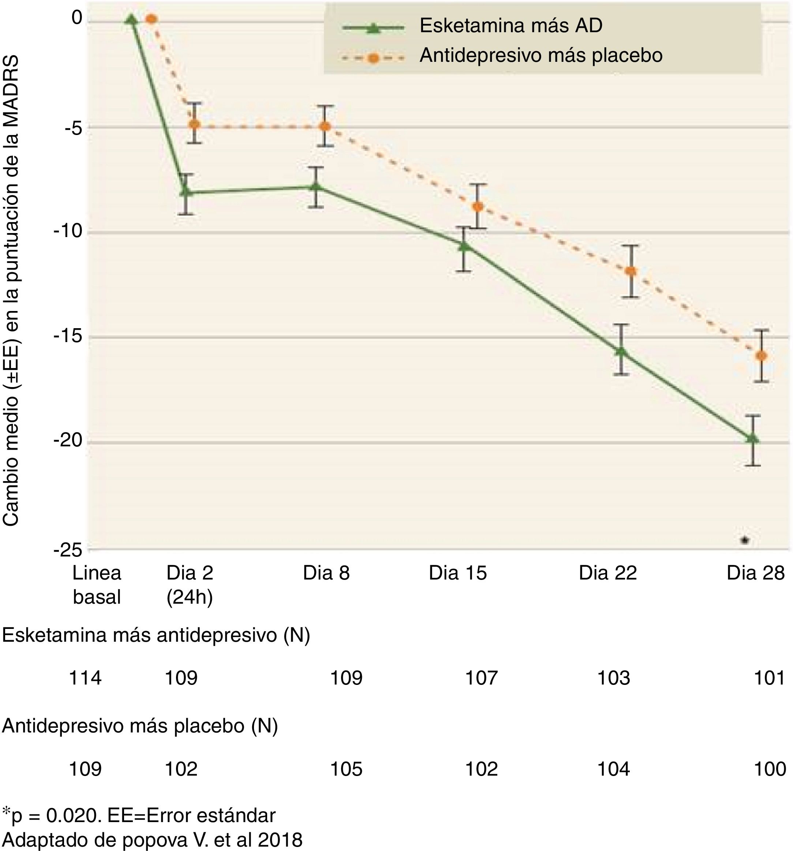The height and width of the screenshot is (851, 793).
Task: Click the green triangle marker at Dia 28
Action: [x=752, y=438]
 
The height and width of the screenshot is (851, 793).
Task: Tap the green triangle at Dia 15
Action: [x=464, y=246]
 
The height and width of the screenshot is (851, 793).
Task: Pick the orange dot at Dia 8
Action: [x=325, y=126]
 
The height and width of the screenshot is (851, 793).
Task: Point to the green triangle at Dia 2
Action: [x=186, y=191]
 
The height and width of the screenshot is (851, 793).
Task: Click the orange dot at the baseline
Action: [x=151, y=19]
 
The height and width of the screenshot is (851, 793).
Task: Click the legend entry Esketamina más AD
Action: [x=511, y=26]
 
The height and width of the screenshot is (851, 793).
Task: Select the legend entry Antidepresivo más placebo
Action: [x=541, y=55]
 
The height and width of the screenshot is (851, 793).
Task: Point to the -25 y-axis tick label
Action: [x=67, y=550]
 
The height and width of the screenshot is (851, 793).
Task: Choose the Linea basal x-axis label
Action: [x=97, y=585]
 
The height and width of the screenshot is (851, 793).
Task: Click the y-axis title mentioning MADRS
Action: [x=12, y=291]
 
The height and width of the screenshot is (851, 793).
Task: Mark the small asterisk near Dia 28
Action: [x=745, y=540]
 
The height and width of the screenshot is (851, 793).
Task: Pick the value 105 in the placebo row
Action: [x=346, y=769]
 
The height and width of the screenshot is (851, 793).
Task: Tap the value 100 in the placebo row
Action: [x=770, y=769]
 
